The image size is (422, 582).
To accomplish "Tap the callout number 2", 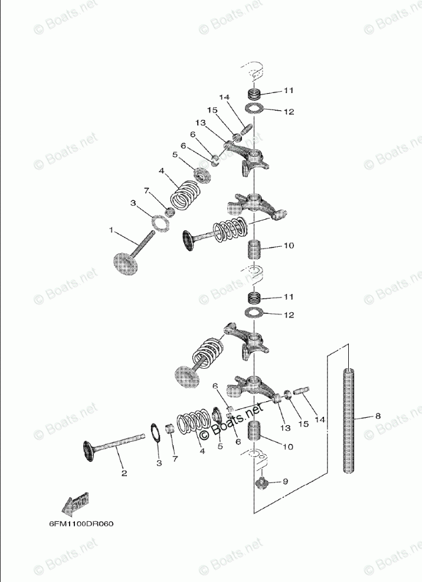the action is (x=124, y=472).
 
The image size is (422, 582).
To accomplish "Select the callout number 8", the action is (x=378, y=416).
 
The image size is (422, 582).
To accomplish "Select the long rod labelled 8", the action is (x=349, y=422).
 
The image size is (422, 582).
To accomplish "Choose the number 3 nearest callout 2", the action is (x=158, y=464).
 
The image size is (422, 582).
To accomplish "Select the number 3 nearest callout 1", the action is (x=133, y=203).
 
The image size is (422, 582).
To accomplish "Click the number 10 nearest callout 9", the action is (x=287, y=447).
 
